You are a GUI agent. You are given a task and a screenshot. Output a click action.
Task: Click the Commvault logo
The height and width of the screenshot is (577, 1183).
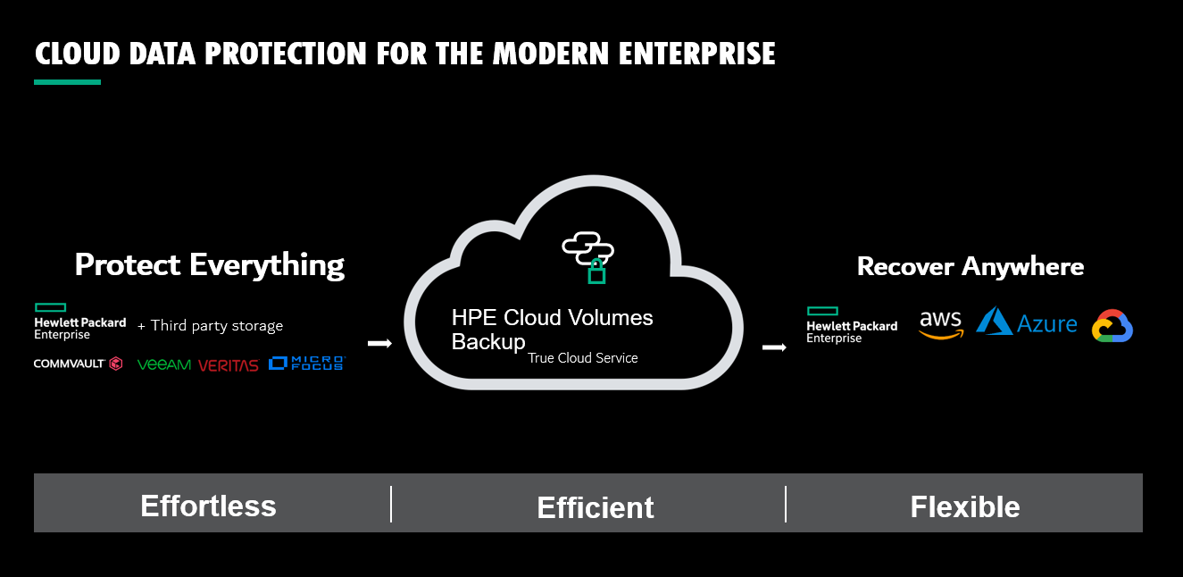[x=79, y=364]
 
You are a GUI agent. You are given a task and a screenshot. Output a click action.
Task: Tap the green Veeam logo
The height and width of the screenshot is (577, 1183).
[x=163, y=364]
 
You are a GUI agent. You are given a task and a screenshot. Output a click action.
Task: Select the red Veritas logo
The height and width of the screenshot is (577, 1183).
[x=229, y=365]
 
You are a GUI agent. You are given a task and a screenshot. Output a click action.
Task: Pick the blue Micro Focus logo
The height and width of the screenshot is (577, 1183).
[x=307, y=363]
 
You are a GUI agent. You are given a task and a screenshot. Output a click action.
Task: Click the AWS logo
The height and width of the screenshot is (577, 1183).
[x=941, y=324]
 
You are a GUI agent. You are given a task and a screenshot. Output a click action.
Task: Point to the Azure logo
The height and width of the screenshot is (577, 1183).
[x=1026, y=322]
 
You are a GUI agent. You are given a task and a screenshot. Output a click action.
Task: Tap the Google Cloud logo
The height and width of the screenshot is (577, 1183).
[x=1112, y=325]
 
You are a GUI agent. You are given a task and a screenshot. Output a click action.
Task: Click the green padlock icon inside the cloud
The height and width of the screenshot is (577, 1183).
[x=596, y=271]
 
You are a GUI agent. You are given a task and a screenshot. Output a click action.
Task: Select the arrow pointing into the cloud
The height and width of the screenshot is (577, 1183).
[x=379, y=344]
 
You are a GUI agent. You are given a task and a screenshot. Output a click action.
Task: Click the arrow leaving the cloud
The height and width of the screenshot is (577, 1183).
[x=774, y=347]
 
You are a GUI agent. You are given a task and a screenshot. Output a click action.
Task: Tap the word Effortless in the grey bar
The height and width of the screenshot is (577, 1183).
[x=208, y=506]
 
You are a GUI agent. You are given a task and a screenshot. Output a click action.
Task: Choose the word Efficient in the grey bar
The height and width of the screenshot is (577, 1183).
[x=596, y=507]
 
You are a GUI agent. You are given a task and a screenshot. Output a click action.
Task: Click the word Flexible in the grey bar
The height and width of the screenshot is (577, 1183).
[x=965, y=506]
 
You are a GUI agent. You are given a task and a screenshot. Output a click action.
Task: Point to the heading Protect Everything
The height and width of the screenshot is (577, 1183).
[x=210, y=264]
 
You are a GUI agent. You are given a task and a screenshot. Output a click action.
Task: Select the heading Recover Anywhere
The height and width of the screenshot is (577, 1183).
[x=971, y=266]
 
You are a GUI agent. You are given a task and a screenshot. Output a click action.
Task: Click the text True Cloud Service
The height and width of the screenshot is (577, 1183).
[x=582, y=357]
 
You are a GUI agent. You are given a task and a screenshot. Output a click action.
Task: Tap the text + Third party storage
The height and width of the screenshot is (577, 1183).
[x=210, y=325]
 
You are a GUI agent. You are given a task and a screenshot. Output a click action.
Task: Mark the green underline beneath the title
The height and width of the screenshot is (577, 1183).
[x=67, y=82]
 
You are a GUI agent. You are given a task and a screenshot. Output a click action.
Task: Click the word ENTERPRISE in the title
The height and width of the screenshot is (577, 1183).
[x=696, y=54]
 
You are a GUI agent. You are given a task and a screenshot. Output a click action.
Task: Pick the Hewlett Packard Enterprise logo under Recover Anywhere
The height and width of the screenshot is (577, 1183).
[x=852, y=325]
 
